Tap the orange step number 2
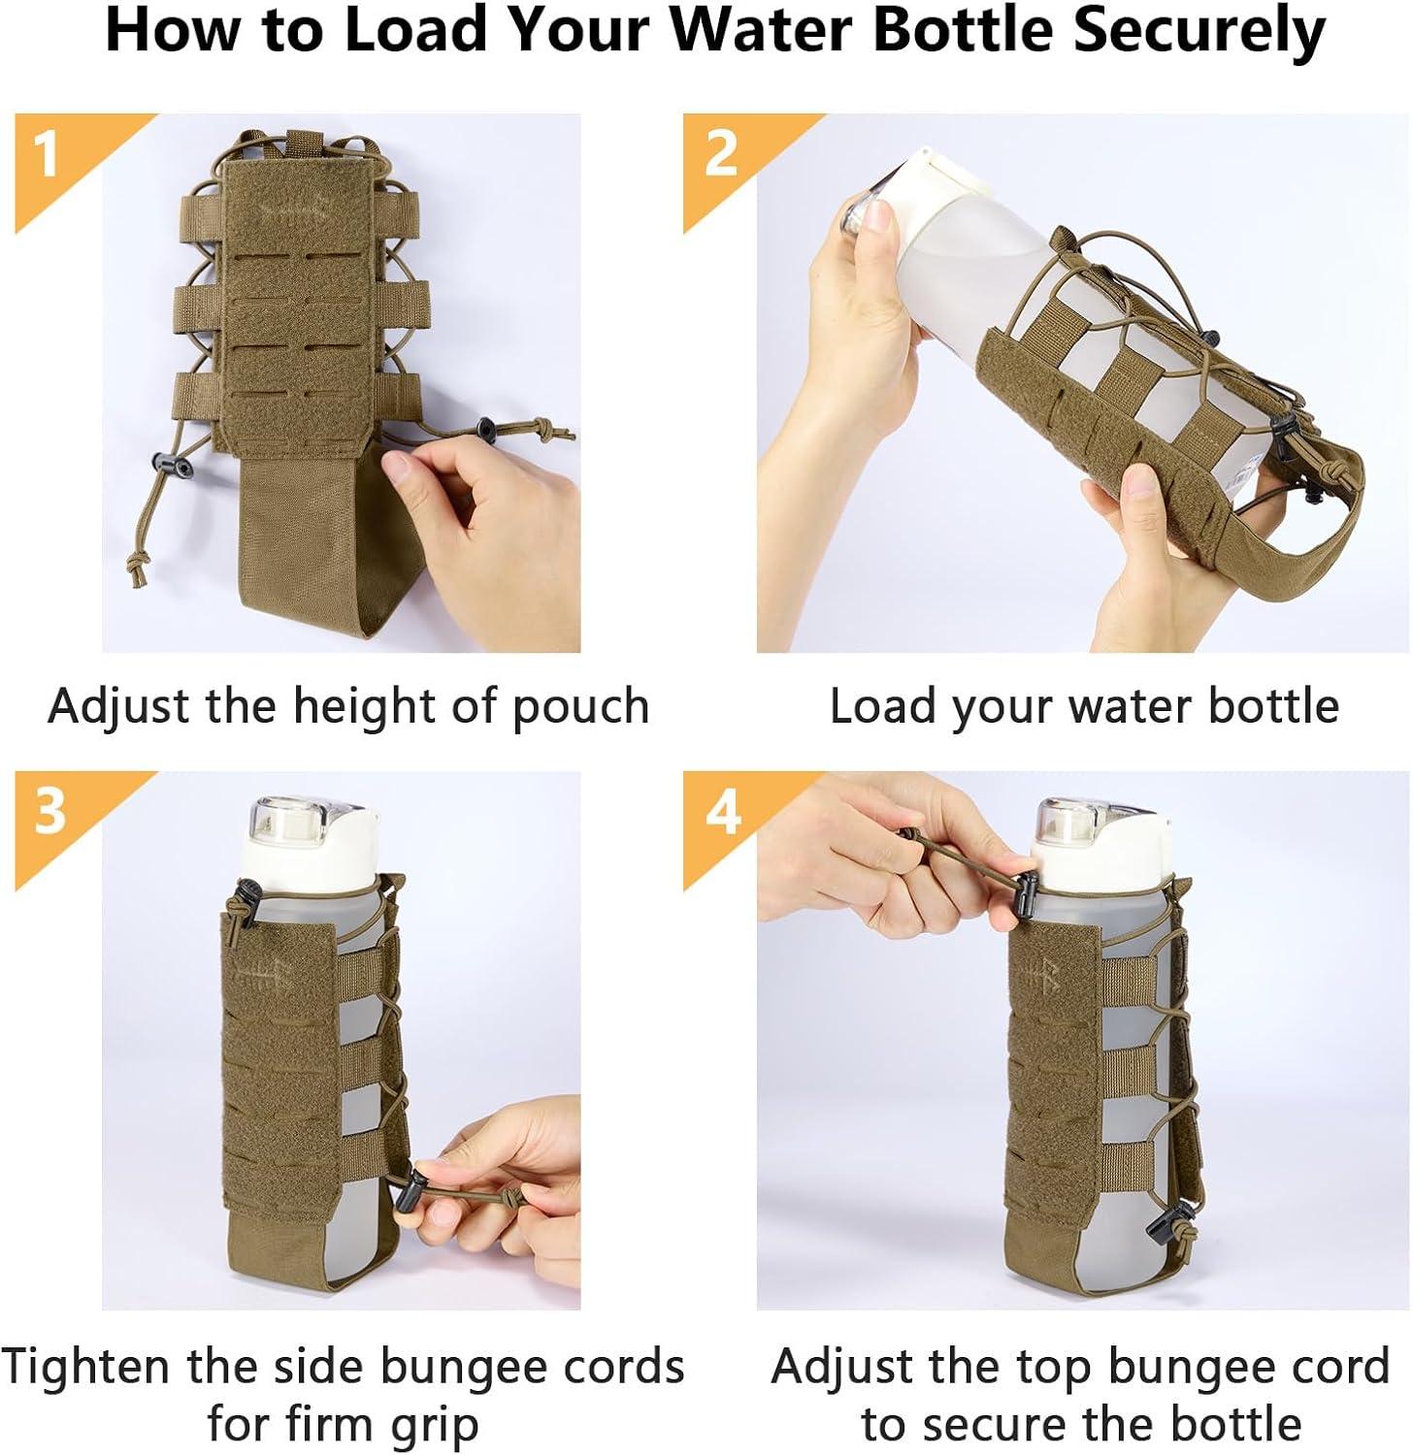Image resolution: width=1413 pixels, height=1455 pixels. click(x=721, y=153)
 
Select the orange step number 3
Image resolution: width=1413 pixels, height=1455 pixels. click(x=49, y=811)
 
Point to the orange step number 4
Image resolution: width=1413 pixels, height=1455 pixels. click(x=723, y=811)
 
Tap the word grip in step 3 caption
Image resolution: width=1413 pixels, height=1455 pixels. click(x=435, y=1427)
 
